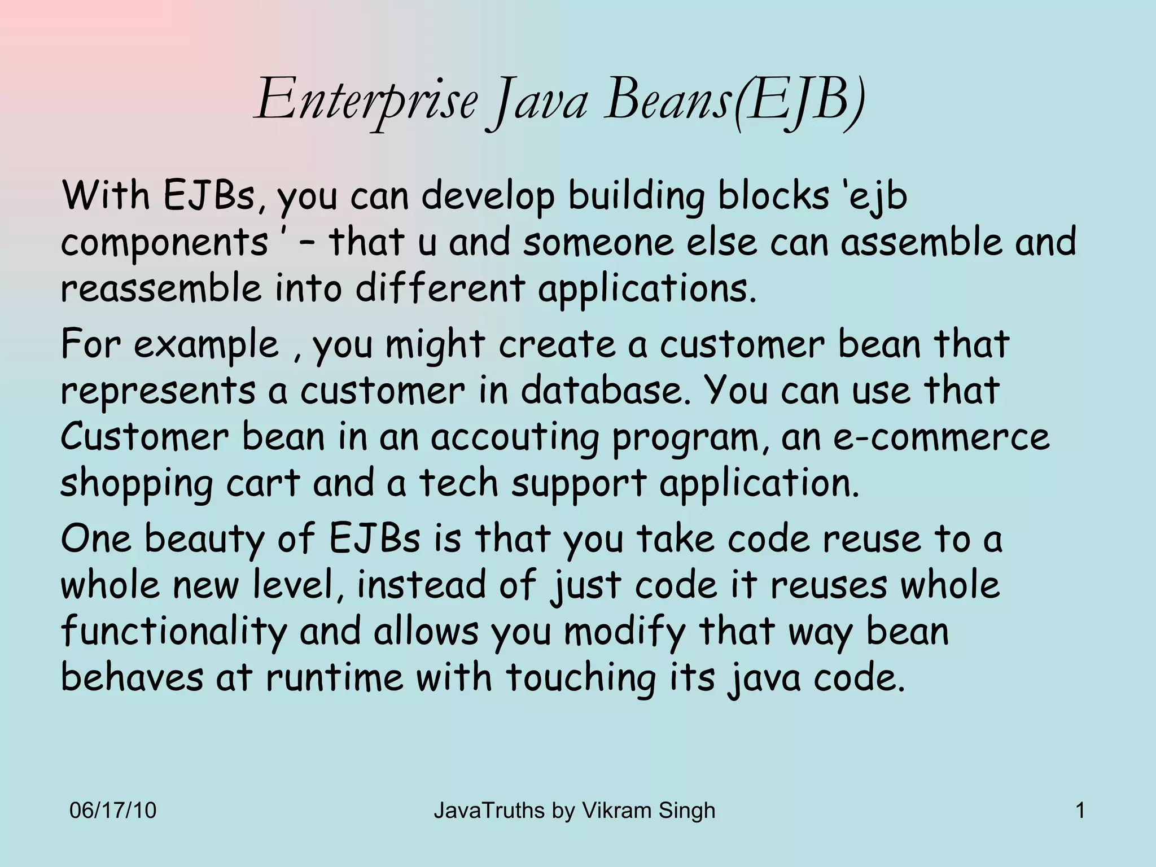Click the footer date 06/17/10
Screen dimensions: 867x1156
click(112, 811)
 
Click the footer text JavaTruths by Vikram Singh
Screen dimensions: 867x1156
click(574, 811)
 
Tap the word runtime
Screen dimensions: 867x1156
click(335, 677)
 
